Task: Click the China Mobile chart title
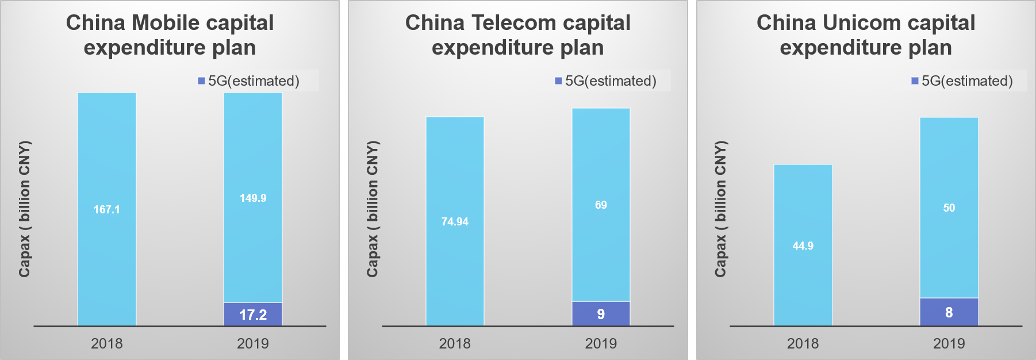pos(170,35)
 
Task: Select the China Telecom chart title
pos(517,35)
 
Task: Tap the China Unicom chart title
pos(866,35)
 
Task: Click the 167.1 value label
pos(107,209)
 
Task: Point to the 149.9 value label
pos(253,198)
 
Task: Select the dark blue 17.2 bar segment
pos(253,315)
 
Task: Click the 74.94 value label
pos(455,221)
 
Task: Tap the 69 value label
pos(601,205)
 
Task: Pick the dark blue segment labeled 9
pos(601,314)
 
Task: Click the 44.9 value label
pos(803,246)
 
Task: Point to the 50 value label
pos(949,208)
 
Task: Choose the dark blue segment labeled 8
pos(949,312)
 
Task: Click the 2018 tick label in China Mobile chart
pos(107,343)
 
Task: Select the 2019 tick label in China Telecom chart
pos(601,343)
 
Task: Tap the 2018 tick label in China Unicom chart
pos(803,343)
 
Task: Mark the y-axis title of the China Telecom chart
pos(373,209)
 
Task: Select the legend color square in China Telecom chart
pos(558,81)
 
